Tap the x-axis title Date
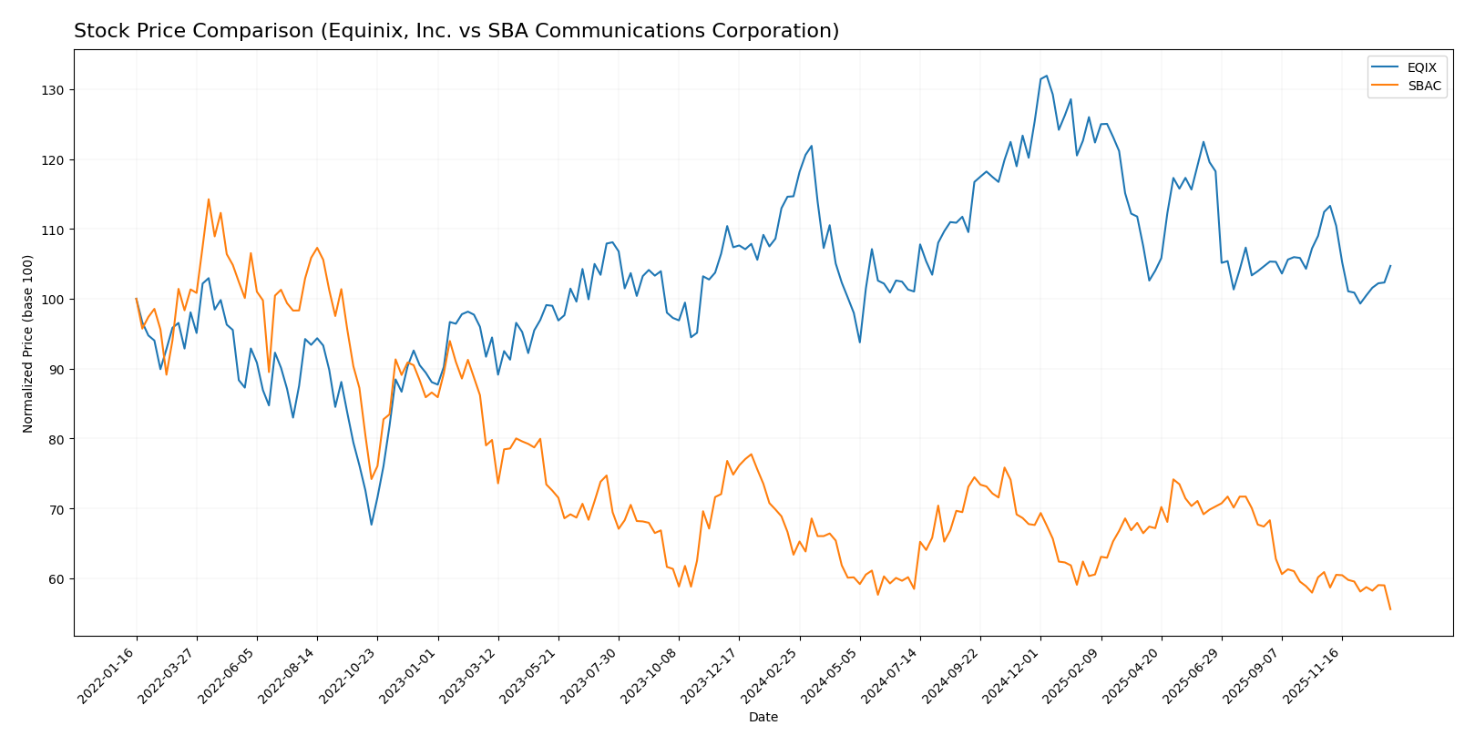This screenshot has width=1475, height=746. [763, 718]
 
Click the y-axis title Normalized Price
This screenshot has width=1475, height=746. [28, 343]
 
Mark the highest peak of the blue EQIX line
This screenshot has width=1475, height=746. [1046, 76]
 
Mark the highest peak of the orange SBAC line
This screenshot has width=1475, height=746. [208, 199]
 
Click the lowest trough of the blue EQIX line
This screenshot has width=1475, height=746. [371, 525]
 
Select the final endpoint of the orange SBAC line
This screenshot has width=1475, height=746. [1390, 609]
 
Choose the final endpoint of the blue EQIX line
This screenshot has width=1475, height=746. [1390, 266]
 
